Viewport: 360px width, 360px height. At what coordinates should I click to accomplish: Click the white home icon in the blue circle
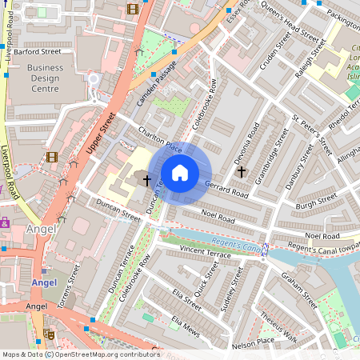180,173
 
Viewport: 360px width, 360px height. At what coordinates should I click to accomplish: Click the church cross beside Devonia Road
240,171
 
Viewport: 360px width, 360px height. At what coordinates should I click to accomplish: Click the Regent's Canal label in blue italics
239,247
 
